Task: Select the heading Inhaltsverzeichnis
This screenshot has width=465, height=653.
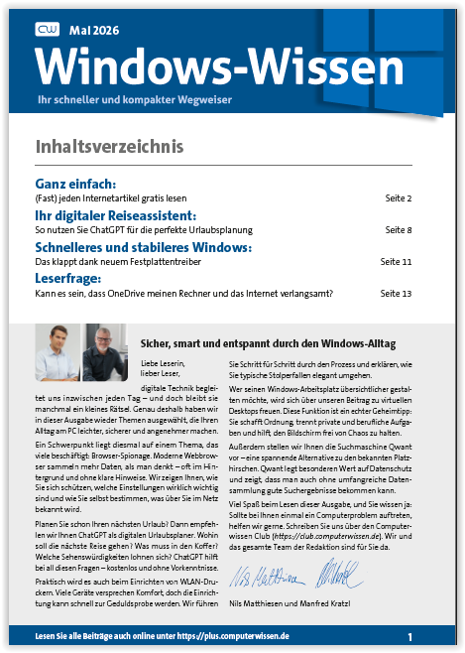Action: [x=109, y=147]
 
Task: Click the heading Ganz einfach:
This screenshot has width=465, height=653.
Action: [x=76, y=184]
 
